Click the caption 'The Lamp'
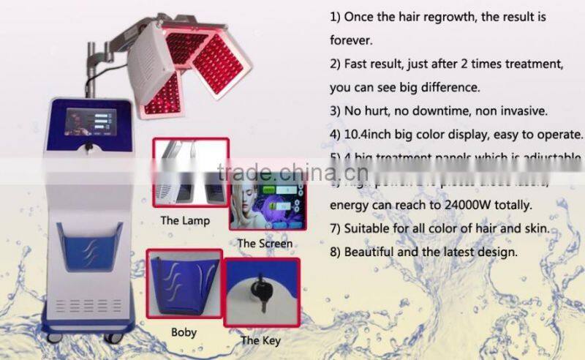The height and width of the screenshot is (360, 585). tap(186, 220)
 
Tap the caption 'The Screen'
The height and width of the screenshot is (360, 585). tap(265, 243)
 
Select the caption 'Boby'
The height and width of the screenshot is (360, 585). tap(184, 332)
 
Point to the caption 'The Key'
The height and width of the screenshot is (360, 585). tap(260, 340)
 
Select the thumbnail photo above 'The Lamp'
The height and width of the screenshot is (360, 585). tap(189, 174)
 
